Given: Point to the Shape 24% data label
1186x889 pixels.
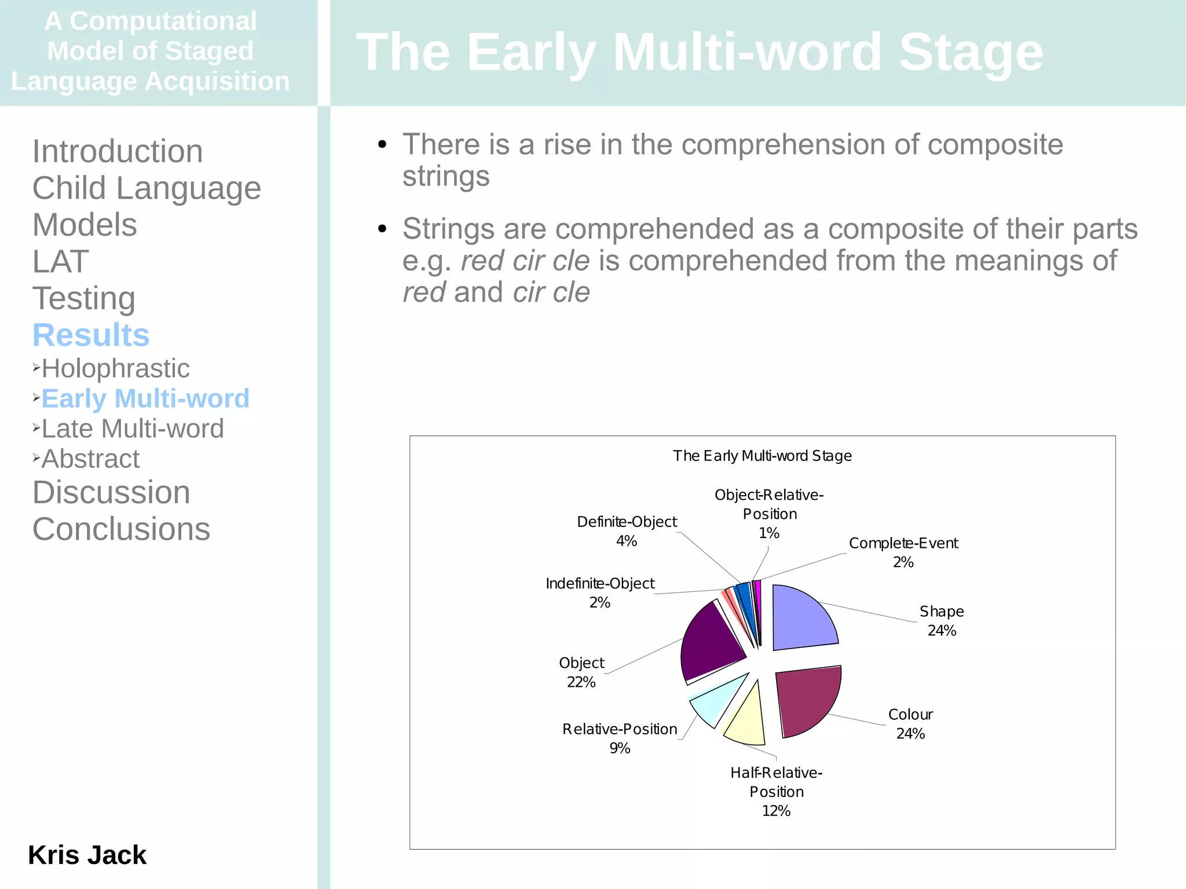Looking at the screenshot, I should pyautogui.click(x=942, y=621).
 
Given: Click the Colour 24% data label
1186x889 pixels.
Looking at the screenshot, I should pyautogui.click(x=910, y=724).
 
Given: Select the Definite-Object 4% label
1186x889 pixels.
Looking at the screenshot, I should pyautogui.click(x=627, y=531).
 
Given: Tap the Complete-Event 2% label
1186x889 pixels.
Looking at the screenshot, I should pyautogui.click(x=903, y=553).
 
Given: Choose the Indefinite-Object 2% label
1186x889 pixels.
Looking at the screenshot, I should pyautogui.click(x=600, y=593).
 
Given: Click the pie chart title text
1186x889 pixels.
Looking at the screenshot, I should pyautogui.click(x=762, y=456).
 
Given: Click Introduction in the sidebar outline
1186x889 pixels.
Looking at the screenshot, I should pyautogui.click(x=118, y=151).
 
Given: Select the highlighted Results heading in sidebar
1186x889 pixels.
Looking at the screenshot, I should pyautogui.click(x=91, y=335).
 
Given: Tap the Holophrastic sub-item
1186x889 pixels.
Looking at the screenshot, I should pyautogui.click(x=115, y=368).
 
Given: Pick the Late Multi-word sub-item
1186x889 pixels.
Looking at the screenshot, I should pyautogui.click(x=133, y=429).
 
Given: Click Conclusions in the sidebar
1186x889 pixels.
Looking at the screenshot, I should pyautogui.click(x=121, y=529).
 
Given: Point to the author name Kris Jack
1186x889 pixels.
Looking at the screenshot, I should pyautogui.click(x=87, y=855).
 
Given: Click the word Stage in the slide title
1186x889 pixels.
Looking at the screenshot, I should pyautogui.click(x=971, y=52).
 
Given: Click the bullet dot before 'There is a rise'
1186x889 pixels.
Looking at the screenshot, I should pyautogui.click(x=382, y=144).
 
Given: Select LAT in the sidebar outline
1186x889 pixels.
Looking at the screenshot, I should pyautogui.click(x=60, y=261).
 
